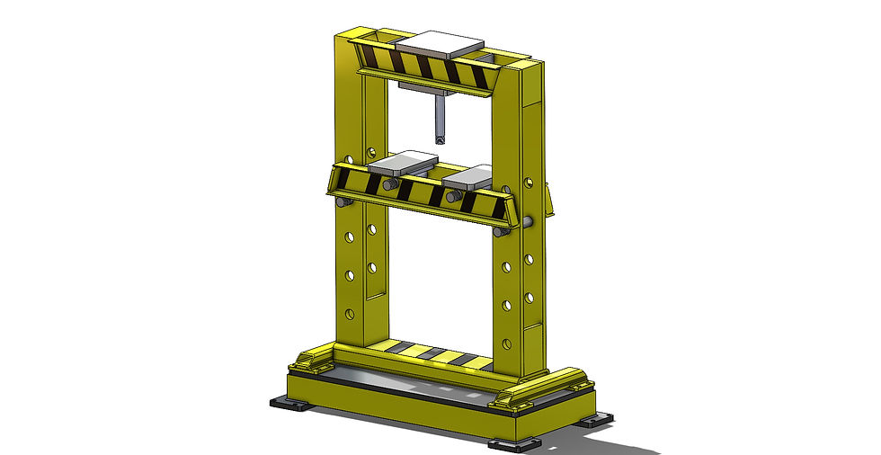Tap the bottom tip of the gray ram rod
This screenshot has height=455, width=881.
439,139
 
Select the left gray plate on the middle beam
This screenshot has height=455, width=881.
402,165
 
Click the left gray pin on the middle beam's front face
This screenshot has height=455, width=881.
390,184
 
